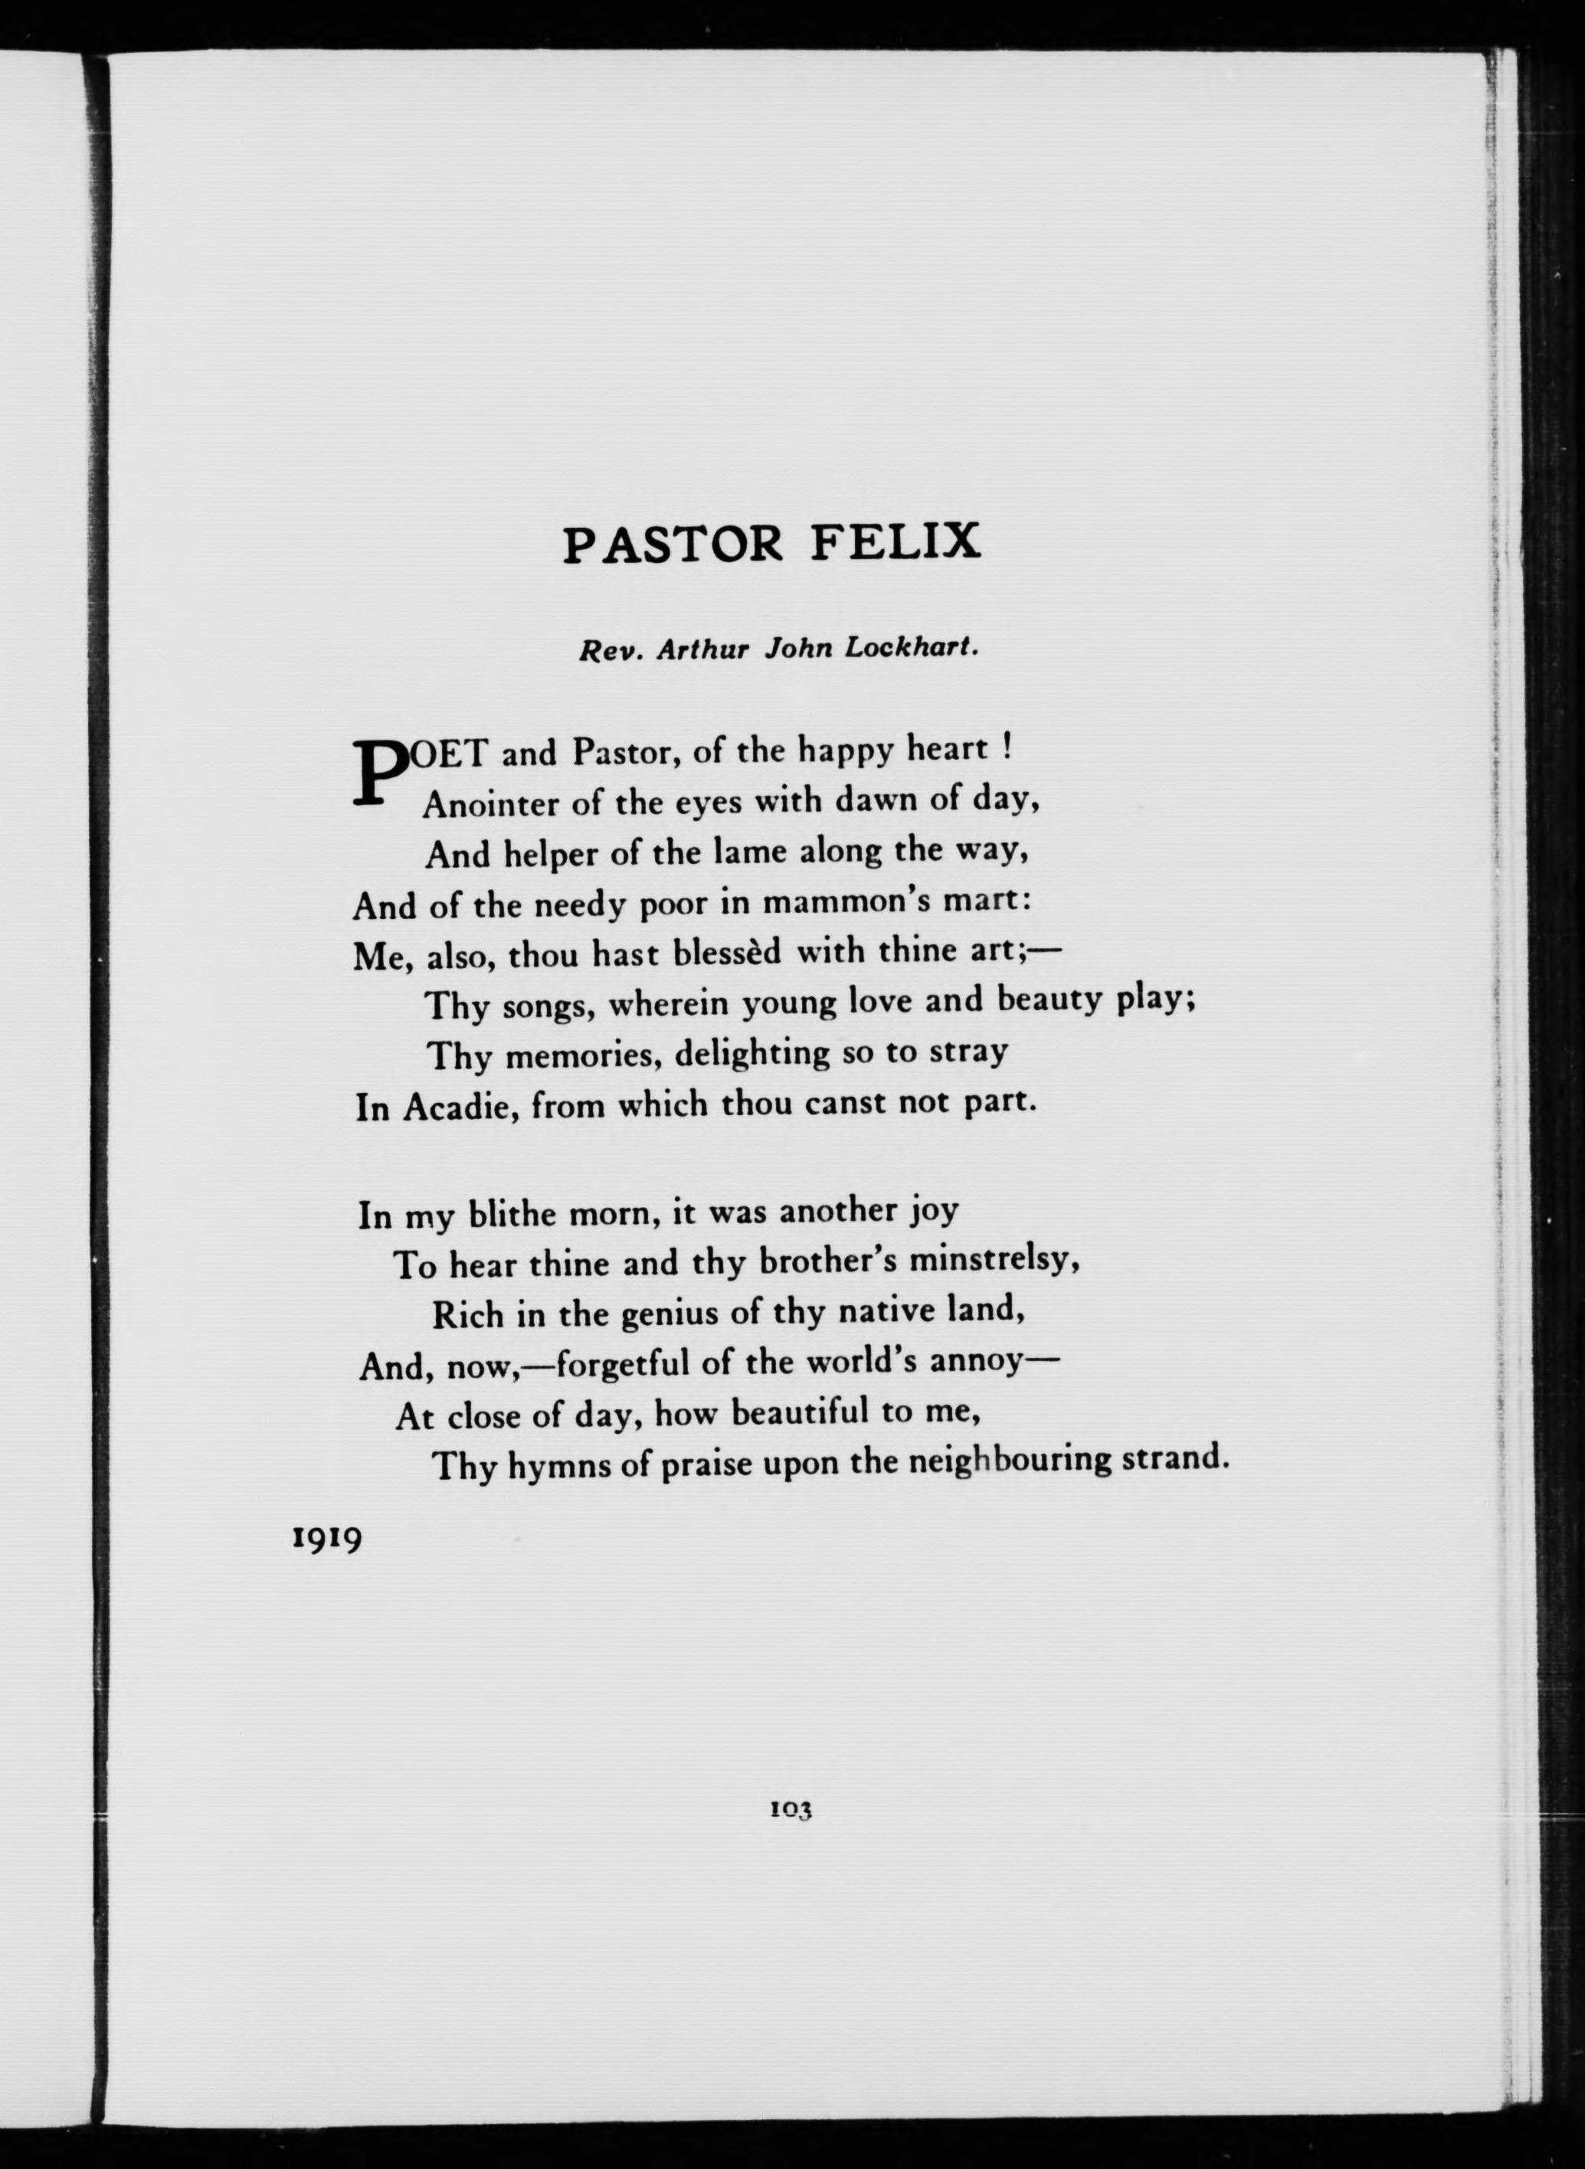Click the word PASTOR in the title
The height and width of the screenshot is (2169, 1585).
tap(673, 544)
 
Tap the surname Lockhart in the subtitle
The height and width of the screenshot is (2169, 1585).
tap(912, 649)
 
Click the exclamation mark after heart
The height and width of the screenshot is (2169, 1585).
tap(1007, 748)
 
